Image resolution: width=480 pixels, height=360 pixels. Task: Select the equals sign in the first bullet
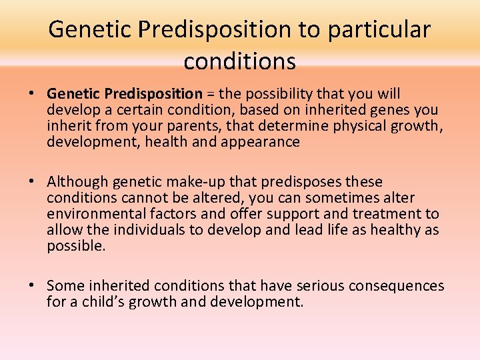click(211, 94)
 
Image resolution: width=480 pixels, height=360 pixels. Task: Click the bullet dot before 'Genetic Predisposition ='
click(37, 95)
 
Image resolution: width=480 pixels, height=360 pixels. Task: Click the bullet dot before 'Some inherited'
click(37, 286)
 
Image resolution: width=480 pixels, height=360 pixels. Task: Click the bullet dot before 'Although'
click(37, 182)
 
